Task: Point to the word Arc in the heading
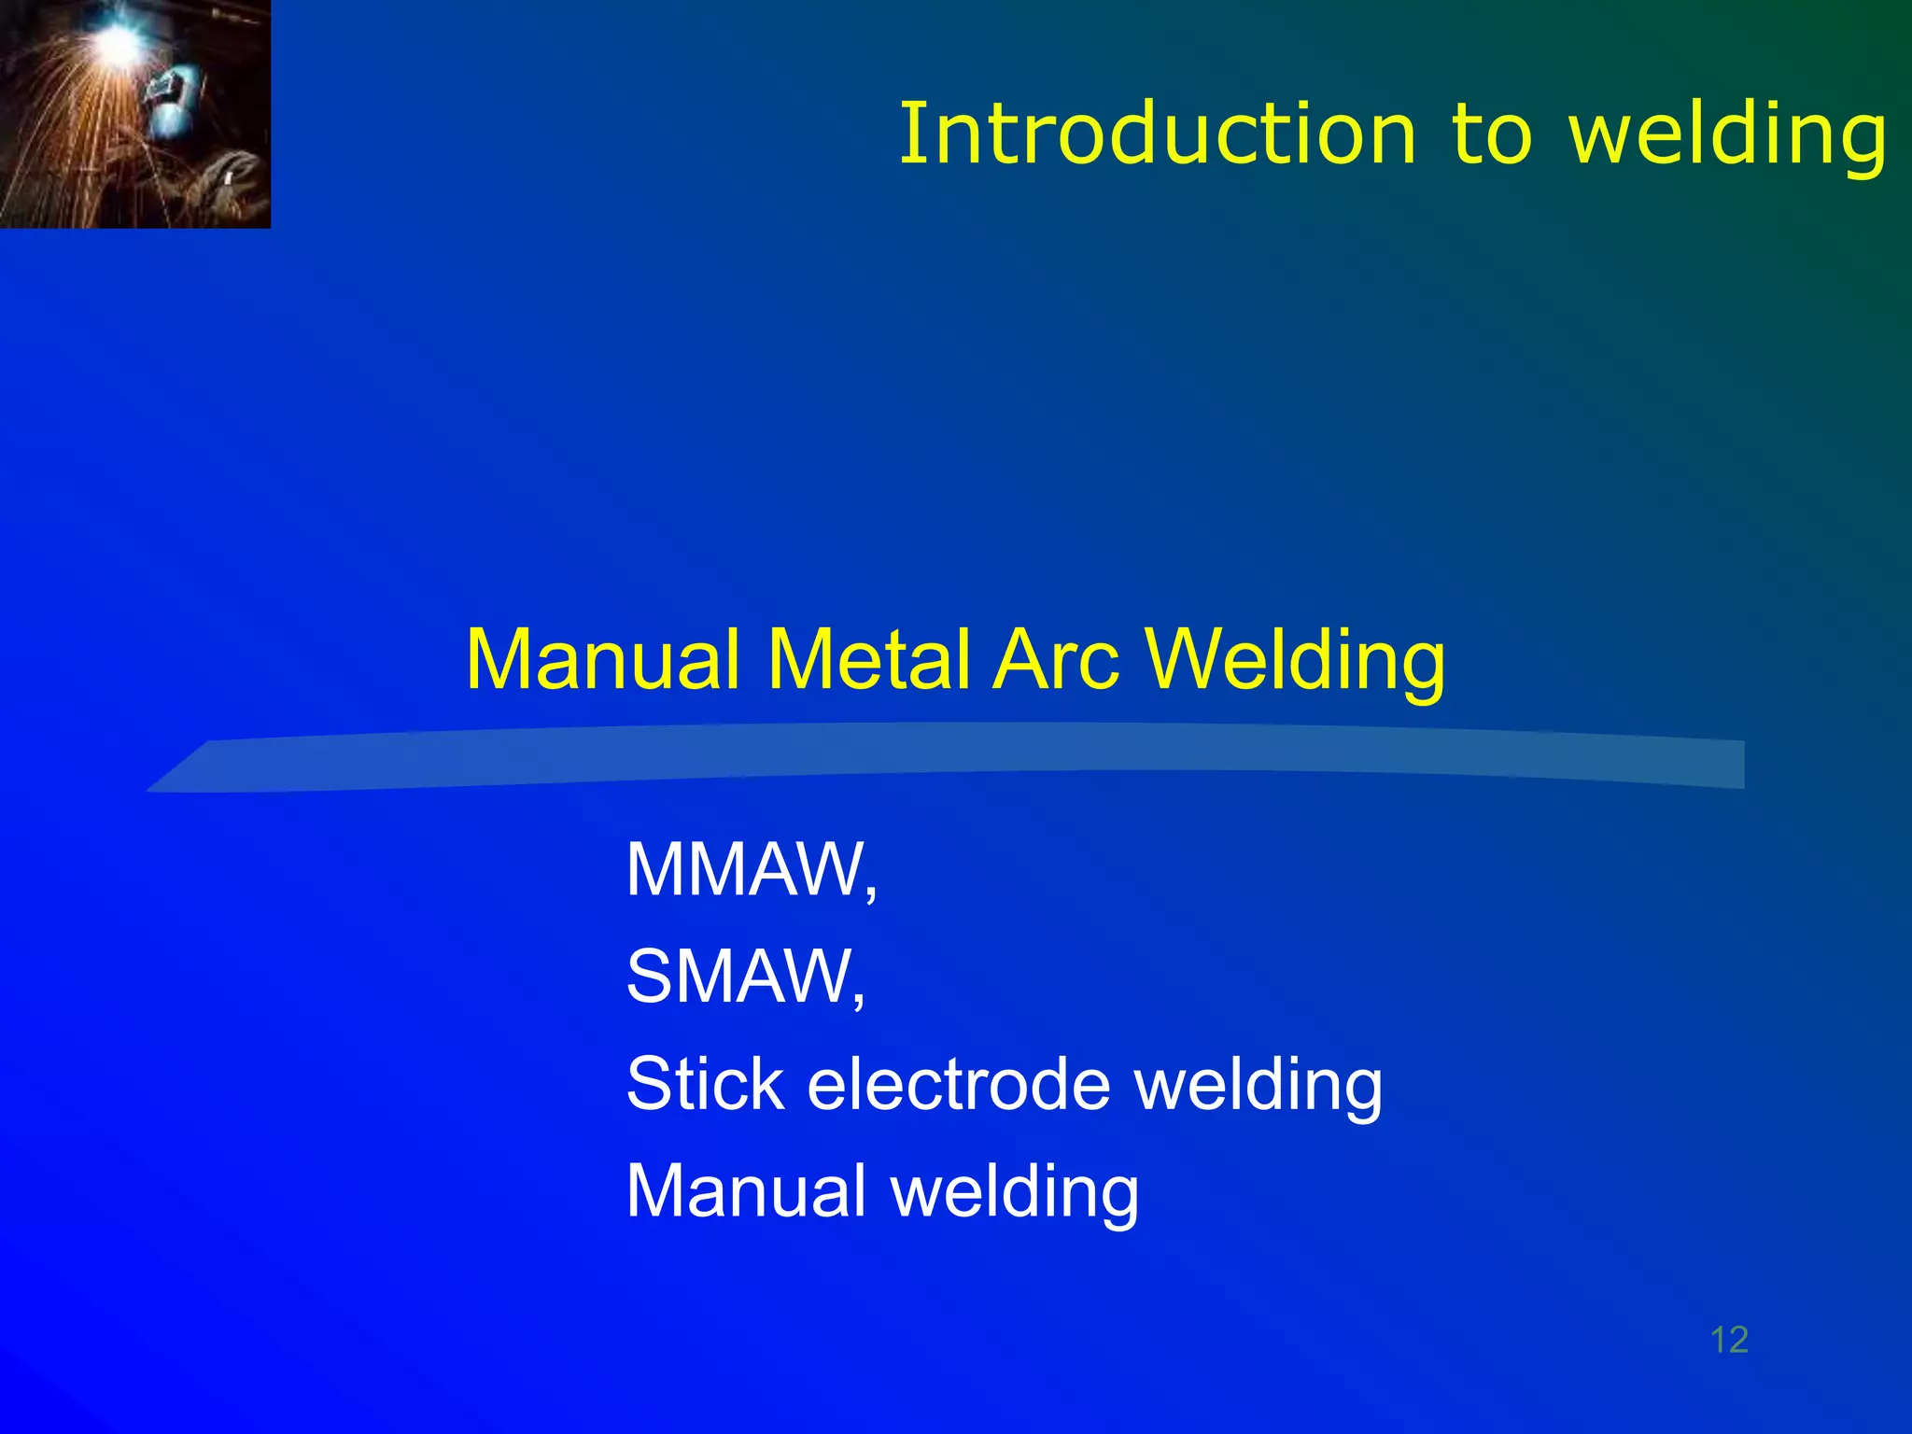pos(1056,660)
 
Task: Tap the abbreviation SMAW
pos(738,977)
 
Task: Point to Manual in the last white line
pos(746,1191)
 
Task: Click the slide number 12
pos(1729,1340)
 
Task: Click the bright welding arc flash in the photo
pos(119,39)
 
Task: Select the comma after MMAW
pos(871,892)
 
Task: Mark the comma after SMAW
pos(859,998)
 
